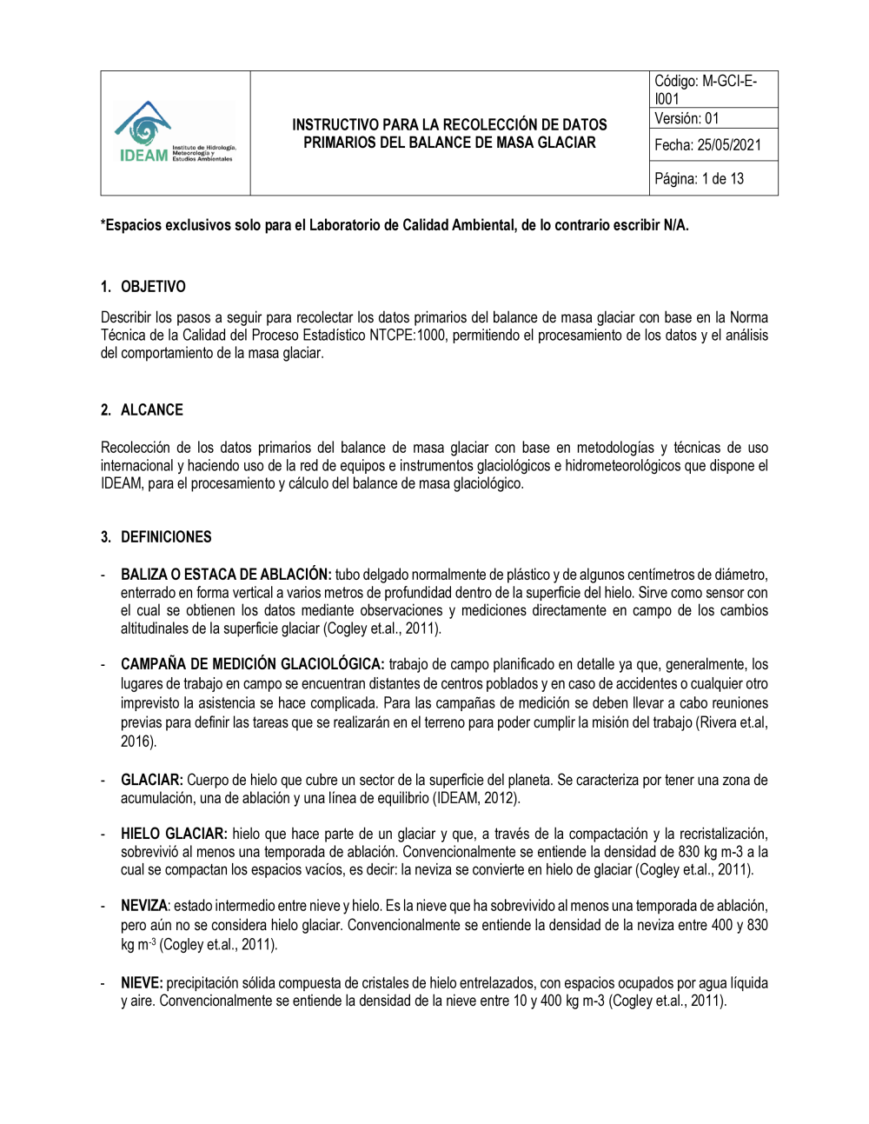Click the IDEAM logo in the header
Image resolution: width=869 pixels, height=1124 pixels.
[175, 133]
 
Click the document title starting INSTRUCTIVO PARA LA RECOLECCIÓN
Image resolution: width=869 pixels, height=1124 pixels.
[449, 134]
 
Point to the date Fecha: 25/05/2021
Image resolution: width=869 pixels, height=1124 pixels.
[707, 145]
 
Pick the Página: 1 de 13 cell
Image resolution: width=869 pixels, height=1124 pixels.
[699, 179]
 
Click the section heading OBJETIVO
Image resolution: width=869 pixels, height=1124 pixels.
[153, 287]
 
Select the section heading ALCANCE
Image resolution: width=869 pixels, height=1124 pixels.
[152, 410]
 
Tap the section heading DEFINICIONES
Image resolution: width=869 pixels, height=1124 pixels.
[166, 537]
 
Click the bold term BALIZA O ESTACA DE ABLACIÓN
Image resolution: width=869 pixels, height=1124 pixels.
[226, 575]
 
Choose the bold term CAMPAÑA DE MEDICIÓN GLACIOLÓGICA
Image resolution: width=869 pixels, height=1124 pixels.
[252, 665]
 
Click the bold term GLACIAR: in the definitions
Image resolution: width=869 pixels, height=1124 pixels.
[152, 781]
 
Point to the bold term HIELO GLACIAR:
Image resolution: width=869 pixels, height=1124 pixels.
[174, 835]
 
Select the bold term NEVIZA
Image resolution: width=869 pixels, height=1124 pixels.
[143, 906]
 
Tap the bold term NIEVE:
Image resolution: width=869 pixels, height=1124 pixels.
[142, 983]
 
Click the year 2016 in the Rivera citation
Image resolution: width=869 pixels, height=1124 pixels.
[136, 742]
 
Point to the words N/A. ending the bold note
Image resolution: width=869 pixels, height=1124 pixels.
[676, 225]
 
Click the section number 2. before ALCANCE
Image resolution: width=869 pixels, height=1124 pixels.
[106, 410]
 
